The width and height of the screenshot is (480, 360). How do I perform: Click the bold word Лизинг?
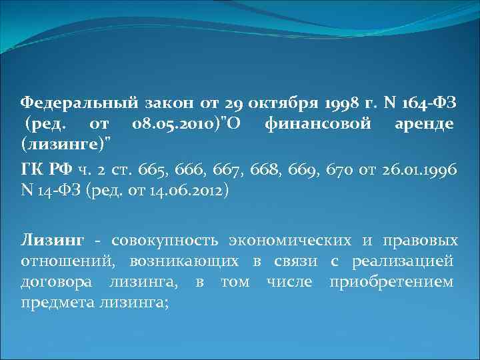coord(53,240)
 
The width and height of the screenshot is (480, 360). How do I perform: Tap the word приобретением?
coord(391,281)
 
